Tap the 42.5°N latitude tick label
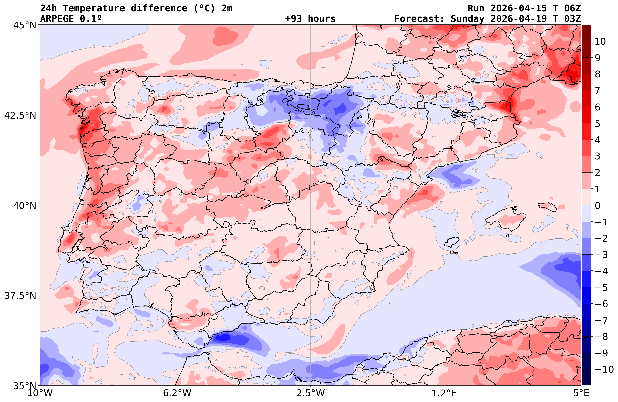[20, 115]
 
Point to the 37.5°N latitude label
[20, 296]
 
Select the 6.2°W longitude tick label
[177, 393]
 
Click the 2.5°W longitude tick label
[311, 393]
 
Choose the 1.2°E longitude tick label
[444, 393]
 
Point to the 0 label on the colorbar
[597, 206]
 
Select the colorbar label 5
[597, 124]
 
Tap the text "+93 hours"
[310, 19]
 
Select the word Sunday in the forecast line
[467, 19]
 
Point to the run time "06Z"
[572, 8]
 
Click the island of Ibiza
[452, 242]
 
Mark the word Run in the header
[476, 8]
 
